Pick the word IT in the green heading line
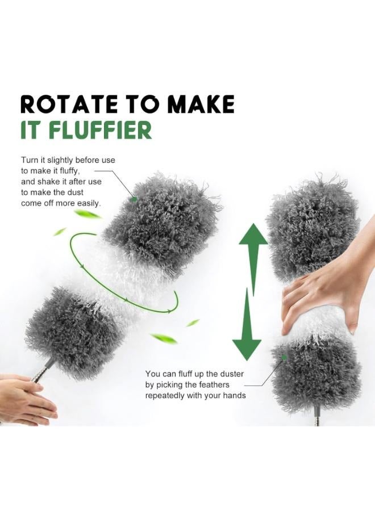tap(32, 131)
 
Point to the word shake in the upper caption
tap(51, 182)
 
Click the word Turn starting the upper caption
tap(30, 160)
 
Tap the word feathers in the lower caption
tap(213, 384)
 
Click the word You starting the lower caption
tap(153, 374)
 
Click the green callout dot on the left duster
tap(135, 199)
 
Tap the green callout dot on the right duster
tap(284, 357)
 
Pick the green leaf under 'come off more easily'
tap(88, 214)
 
